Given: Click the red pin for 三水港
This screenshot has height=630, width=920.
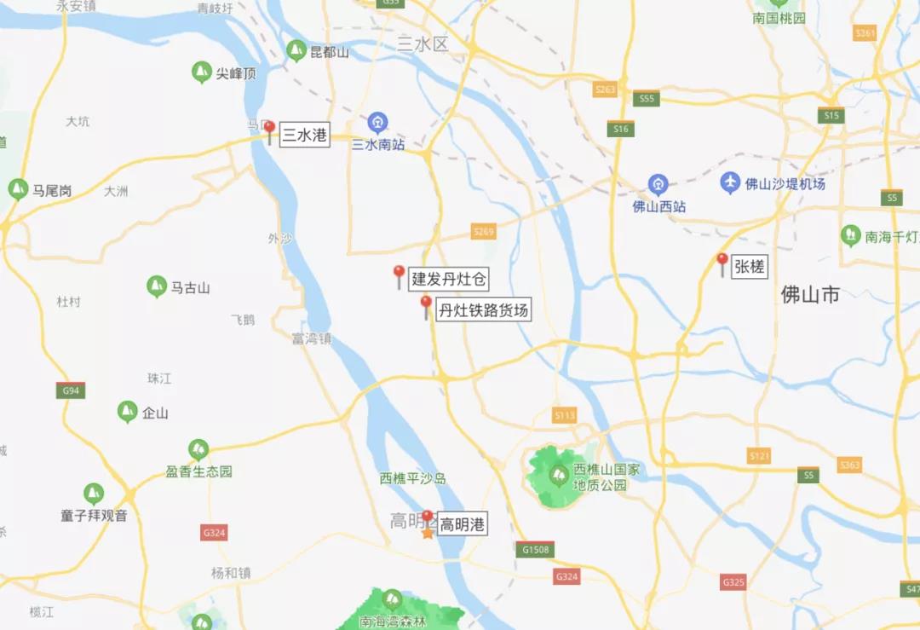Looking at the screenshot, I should click(x=269, y=131).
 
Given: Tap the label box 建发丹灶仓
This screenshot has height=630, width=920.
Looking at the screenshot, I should click(x=448, y=278).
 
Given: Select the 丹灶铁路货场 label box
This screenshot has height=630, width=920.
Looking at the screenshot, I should click(x=483, y=310).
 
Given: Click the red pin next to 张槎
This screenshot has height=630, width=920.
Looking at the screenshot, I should click(x=722, y=263).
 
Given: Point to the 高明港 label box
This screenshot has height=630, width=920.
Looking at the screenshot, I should click(x=462, y=525).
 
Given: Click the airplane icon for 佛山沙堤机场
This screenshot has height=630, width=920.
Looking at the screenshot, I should click(x=730, y=182).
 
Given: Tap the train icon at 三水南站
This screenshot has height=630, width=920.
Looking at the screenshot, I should click(x=377, y=123).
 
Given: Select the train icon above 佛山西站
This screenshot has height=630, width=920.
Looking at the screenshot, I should click(x=658, y=184).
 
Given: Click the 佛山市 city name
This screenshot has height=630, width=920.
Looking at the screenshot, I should click(x=810, y=295).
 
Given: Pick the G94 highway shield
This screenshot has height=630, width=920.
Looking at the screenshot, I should click(x=71, y=390).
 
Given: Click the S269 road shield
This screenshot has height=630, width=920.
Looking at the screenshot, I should click(x=483, y=232).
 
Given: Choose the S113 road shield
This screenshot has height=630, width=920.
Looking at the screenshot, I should click(x=564, y=415).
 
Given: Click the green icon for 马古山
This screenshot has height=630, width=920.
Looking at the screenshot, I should click(x=157, y=286).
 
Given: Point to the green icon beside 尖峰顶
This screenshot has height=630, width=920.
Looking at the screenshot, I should click(x=201, y=72).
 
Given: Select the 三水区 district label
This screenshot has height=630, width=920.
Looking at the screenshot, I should click(x=423, y=44).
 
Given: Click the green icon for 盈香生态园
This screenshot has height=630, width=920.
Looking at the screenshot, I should click(x=198, y=449).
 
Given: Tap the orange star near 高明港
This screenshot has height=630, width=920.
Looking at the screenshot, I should click(x=428, y=532).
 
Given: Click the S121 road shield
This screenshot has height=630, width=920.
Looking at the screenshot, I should click(x=759, y=456).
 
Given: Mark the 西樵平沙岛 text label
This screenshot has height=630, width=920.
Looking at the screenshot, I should click(x=413, y=478).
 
